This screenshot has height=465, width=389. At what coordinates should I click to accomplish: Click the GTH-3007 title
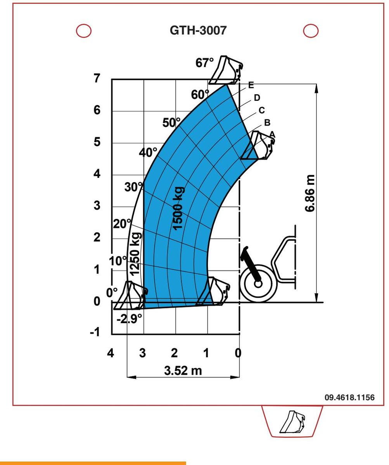pyautogui.click(x=198, y=30)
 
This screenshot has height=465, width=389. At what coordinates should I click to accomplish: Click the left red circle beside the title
pyautogui.click(x=84, y=31)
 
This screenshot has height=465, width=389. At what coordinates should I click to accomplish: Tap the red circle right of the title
pyautogui.click(x=311, y=31)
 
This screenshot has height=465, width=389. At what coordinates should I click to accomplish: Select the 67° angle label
pyautogui.click(x=204, y=62)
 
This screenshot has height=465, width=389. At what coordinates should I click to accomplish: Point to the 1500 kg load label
pyautogui.click(x=179, y=208)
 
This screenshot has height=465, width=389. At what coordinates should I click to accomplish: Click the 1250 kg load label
pyautogui.click(x=135, y=254)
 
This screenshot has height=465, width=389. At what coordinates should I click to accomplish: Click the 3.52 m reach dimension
pyautogui.click(x=183, y=371)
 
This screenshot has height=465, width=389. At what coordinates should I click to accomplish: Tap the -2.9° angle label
pyautogui.click(x=129, y=319)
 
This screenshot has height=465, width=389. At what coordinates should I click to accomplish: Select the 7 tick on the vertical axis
pyautogui.click(x=97, y=78)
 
